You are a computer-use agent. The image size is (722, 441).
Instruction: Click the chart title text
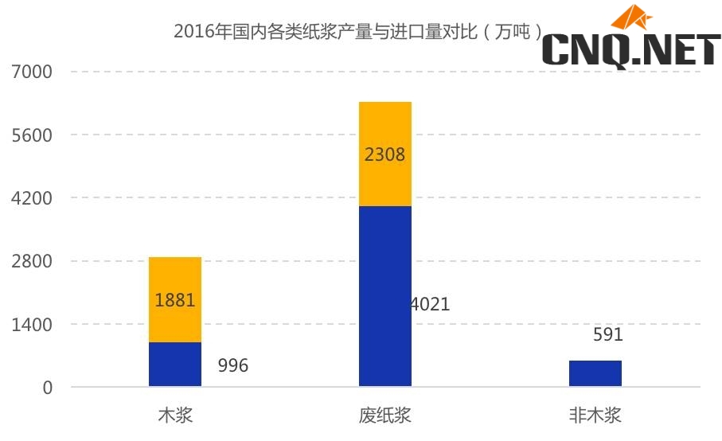pyautogui.click(x=358, y=33)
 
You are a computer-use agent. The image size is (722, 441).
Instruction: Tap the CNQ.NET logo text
pyautogui.click(x=630, y=50)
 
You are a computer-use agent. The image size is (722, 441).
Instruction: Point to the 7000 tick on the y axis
pyautogui.click(x=32, y=72)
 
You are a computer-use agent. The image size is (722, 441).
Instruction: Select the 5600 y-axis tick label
pyautogui.click(x=32, y=135)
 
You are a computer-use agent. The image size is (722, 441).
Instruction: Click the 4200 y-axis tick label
pyautogui.click(x=32, y=198)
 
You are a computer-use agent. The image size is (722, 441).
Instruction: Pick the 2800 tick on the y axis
pyautogui.click(x=32, y=261)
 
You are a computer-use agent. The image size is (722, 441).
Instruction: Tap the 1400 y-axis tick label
pyautogui.click(x=32, y=325)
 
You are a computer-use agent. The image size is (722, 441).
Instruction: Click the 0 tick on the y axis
pyautogui.click(x=47, y=388)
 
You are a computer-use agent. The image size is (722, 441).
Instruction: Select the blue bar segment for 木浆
pyautogui.click(x=175, y=365)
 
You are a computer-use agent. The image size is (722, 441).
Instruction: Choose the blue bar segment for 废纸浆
pyautogui.click(x=385, y=296)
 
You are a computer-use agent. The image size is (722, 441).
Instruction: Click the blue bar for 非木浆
pyautogui.click(x=595, y=373)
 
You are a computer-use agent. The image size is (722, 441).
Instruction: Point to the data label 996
pyautogui.click(x=233, y=366)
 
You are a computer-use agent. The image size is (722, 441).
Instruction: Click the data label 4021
pyautogui.click(x=431, y=304)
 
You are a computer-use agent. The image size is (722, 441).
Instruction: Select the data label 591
pyautogui.click(x=608, y=335)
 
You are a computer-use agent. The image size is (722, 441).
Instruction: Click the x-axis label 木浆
pyautogui.click(x=175, y=416)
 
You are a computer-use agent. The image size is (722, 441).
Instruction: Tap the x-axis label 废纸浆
pyautogui.click(x=385, y=416)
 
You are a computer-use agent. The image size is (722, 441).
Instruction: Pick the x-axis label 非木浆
pyautogui.click(x=595, y=416)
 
